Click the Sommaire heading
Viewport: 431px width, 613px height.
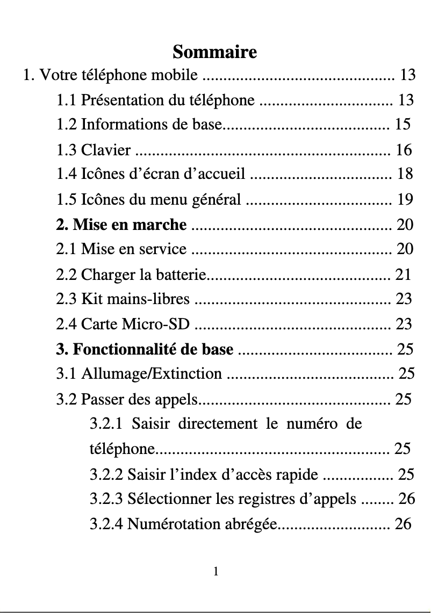tap(215, 52)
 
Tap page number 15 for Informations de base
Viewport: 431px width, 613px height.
tap(403, 125)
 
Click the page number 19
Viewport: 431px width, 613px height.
tap(405, 200)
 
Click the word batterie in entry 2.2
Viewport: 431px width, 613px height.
tap(180, 275)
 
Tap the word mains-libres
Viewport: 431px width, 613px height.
tap(158, 299)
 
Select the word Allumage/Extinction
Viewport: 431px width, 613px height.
tap(152, 373)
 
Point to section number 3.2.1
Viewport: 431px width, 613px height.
tap(106, 424)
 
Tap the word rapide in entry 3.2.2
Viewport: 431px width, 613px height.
tap(298, 474)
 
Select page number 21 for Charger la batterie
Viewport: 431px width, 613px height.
tap(403, 275)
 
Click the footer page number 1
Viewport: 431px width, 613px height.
tap(215, 572)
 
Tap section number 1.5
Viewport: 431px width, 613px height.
tap(67, 200)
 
